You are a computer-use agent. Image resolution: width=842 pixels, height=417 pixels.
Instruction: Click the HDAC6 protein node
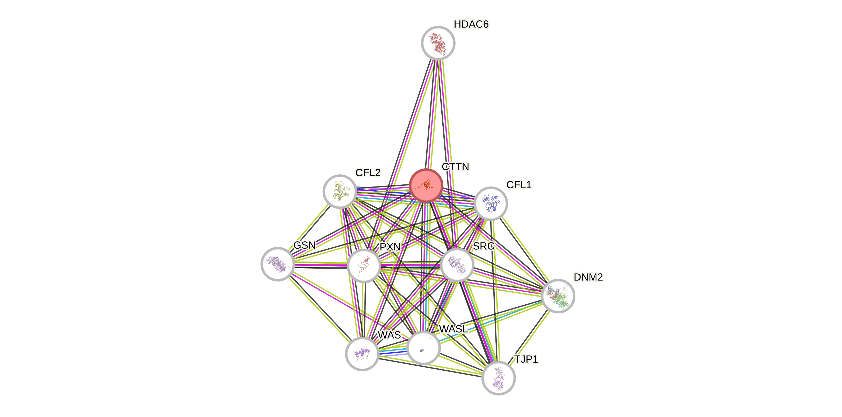[438, 43]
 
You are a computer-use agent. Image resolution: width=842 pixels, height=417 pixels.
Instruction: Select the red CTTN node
[426, 186]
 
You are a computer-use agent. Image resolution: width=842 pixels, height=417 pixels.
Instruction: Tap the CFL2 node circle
[340, 191]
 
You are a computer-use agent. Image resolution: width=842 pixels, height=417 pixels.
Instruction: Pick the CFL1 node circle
[490, 203]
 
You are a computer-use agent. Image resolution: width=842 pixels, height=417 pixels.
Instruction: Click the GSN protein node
[277, 264]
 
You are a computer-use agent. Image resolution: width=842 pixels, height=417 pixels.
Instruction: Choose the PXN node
[363, 265]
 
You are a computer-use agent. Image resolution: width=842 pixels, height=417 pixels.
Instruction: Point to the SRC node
[457, 265]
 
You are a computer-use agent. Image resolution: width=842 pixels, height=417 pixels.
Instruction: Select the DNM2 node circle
[558, 296]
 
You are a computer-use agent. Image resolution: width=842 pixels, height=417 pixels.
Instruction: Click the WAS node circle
[362, 354]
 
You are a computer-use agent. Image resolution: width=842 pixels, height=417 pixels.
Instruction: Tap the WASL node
[424, 348]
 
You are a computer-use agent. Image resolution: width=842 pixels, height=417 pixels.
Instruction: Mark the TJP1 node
[498, 378]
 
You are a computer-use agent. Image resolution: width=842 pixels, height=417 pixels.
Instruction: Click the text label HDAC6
[471, 24]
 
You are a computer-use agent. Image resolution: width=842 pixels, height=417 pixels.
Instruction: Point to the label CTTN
[455, 167]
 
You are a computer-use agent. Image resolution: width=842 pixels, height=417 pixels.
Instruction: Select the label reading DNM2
[588, 277]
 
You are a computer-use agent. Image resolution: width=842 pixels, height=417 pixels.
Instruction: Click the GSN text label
[304, 245]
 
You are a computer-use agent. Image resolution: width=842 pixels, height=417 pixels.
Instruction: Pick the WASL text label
[453, 329]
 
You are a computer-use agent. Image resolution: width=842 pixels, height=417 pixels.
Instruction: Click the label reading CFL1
[519, 185]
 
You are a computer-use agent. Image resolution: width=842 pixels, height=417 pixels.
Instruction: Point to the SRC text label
[484, 246]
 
